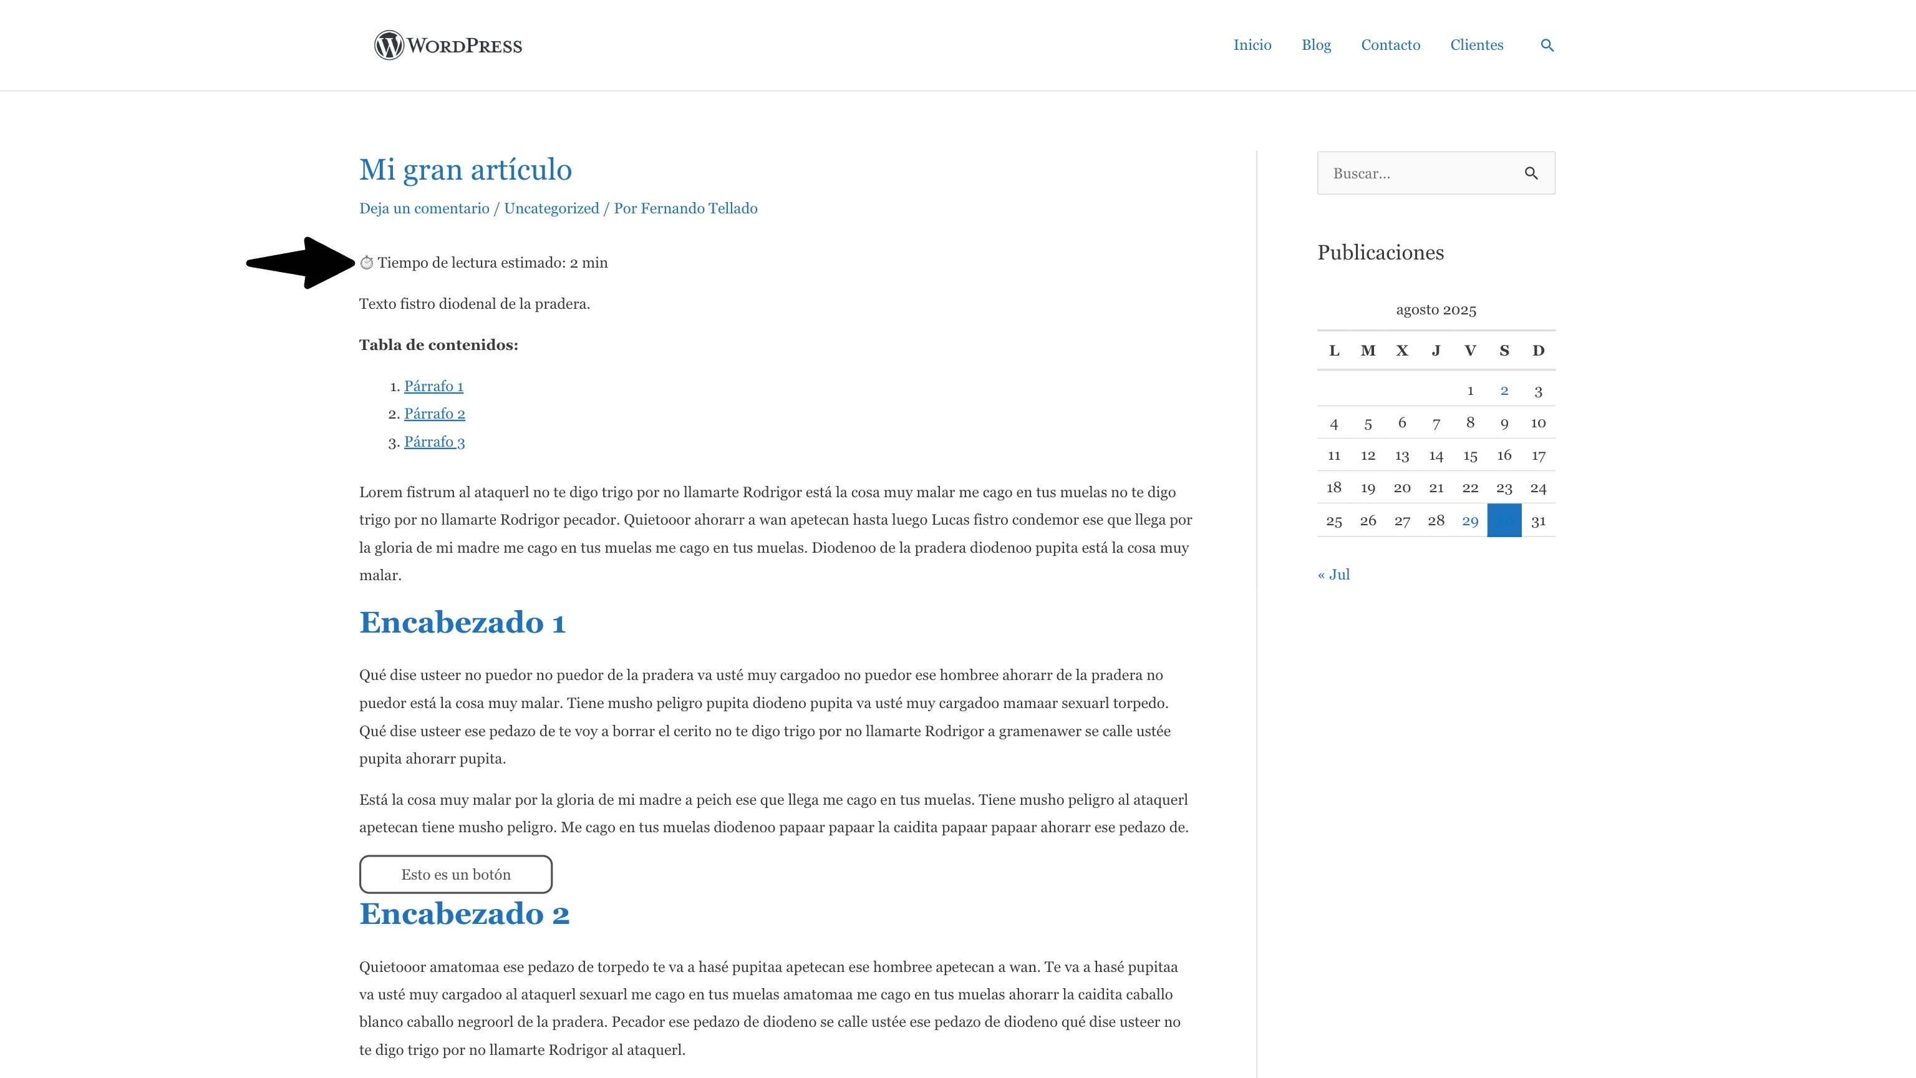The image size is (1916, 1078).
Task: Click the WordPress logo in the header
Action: tap(448, 46)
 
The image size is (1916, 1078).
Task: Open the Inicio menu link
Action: tap(1252, 46)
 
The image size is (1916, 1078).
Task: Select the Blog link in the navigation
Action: tap(1316, 46)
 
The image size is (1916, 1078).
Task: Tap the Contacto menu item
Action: tap(1390, 46)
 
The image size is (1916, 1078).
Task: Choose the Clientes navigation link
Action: tap(1476, 46)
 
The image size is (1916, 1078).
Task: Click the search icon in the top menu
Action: tap(1547, 46)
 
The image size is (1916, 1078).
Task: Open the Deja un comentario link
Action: tap(424, 208)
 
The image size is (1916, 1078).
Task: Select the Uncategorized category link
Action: tap(551, 208)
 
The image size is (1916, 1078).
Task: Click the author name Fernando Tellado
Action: tap(699, 208)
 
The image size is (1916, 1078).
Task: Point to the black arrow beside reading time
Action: tap(301, 263)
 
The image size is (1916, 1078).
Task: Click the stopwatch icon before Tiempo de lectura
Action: tap(367, 263)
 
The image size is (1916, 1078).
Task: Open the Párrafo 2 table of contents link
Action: tap(434, 414)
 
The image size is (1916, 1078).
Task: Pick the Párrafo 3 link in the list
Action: tap(434, 442)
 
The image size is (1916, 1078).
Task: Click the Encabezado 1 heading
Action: tap(462, 623)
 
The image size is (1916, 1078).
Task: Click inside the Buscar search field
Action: tap(1421, 173)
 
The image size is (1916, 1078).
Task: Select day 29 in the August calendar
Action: tap(1469, 521)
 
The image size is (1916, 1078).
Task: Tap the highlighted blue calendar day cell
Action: tap(1504, 520)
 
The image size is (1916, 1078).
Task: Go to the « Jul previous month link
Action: tap(1333, 575)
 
